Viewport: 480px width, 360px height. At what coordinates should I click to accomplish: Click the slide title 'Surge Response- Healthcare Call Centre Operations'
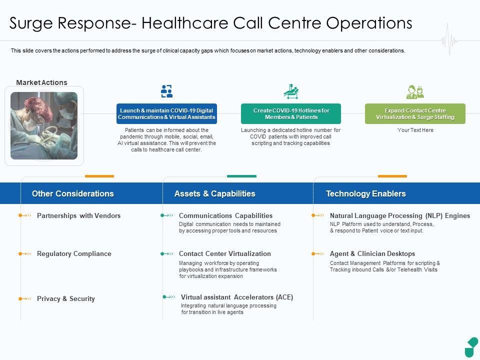coord(211,23)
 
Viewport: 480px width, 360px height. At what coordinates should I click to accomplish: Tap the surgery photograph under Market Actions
coord(44,125)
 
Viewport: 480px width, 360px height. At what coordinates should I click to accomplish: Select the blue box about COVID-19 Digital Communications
coord(166,114)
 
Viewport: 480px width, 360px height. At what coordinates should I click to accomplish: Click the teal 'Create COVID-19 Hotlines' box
coord(291,114)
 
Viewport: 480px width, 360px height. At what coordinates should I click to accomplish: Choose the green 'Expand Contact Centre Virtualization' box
coord(415,114)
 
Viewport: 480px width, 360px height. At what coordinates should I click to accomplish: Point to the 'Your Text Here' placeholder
coord(415,130)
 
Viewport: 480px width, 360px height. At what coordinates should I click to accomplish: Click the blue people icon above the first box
coord(166,91)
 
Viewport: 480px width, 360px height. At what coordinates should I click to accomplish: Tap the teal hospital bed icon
coord(290,91)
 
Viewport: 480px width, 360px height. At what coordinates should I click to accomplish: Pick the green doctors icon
coord(415,91)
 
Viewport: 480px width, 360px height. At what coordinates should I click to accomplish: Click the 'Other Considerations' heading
coord(72,194)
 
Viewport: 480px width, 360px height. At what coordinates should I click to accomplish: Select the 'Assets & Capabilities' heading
coord(214,194)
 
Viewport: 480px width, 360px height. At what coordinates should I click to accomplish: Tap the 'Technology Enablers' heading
coord(365,194)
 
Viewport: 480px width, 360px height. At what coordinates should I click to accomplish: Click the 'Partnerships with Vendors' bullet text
coord(78,216)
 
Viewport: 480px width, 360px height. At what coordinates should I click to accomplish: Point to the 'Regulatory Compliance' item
coord(74,254)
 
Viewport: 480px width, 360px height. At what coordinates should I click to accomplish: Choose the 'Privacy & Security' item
coord(65,299)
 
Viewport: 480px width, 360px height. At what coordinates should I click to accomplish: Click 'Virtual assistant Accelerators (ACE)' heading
coord(237,297)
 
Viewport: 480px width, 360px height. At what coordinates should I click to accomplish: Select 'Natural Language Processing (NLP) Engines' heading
coord(400,216)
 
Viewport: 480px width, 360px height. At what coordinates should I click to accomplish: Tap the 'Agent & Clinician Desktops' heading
coord(372,254)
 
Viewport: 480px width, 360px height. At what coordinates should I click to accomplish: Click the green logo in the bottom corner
coord(471,347)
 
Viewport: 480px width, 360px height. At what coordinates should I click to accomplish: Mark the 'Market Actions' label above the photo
coord(41,83)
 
